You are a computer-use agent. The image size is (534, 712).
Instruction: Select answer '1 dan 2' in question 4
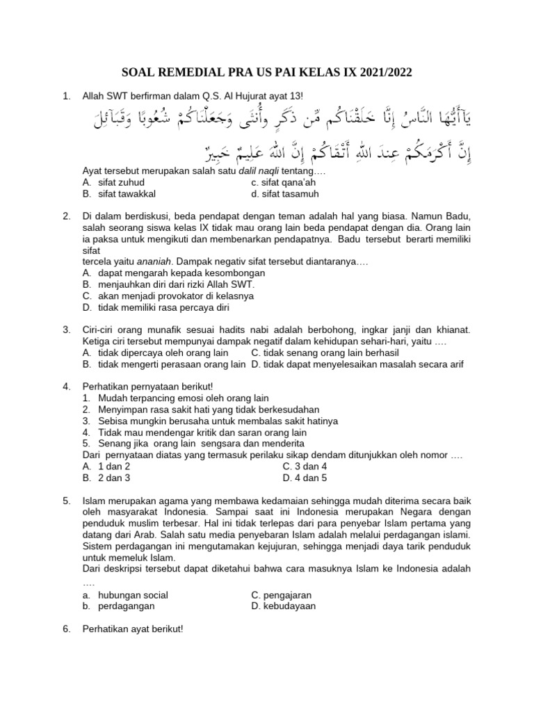click(x=114, y=466)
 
